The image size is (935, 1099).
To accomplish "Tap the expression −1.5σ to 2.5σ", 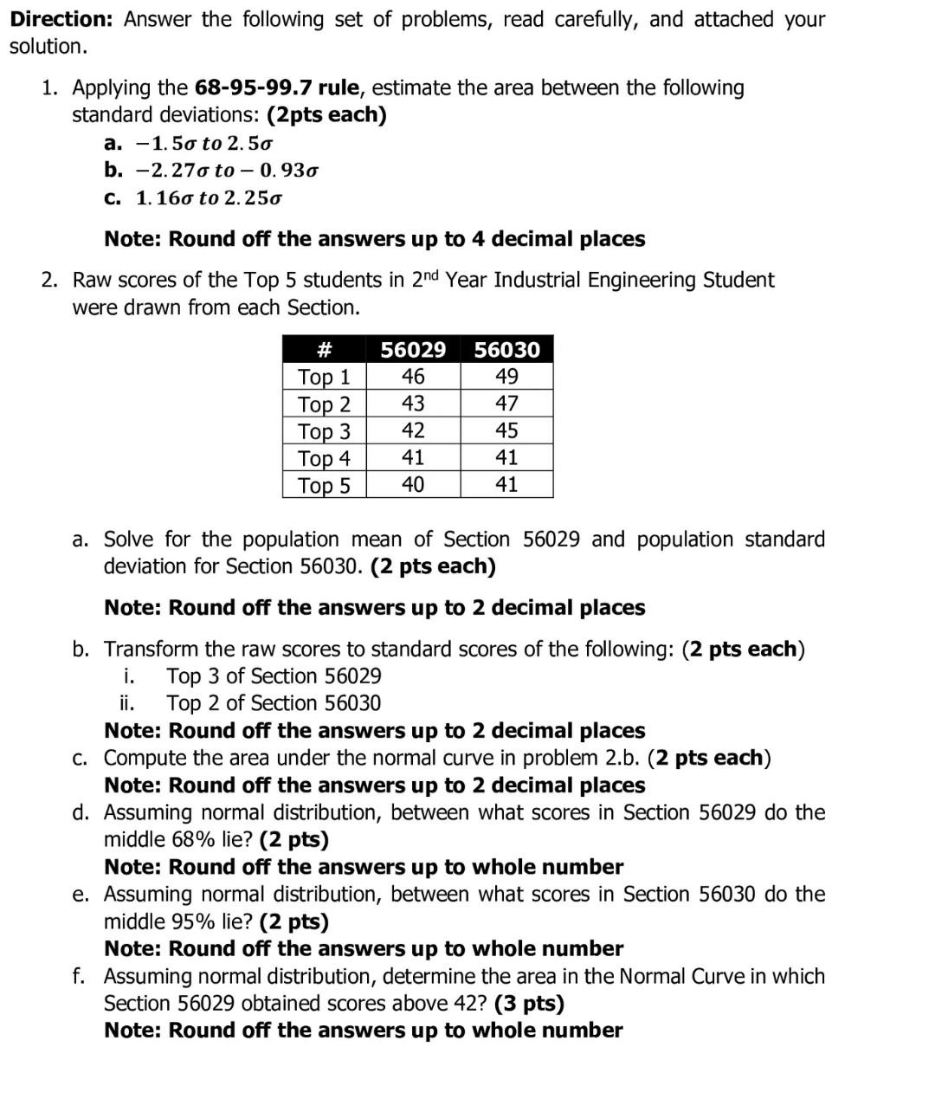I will coord(205,143).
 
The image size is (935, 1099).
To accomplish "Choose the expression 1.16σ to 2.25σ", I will coord(209,197).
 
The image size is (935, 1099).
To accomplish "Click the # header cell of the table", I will coord(325,350).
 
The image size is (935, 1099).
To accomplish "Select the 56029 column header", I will coord(413,350).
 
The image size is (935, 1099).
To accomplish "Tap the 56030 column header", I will coord(506,350).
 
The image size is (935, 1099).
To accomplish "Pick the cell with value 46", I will coord(413,377).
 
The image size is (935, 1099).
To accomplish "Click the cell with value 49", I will coord(506,377).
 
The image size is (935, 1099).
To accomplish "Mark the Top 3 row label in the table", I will coord(325,431).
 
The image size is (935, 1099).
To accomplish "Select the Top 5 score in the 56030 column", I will coord(506,484).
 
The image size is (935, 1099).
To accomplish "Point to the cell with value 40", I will coord(413,484).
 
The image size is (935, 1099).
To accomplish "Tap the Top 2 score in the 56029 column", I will coord(413,404).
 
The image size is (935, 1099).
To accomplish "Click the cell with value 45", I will coord(506,430).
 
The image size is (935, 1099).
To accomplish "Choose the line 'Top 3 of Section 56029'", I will coord(274,676).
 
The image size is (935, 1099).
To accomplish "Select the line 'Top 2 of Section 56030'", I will coord(274,703).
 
